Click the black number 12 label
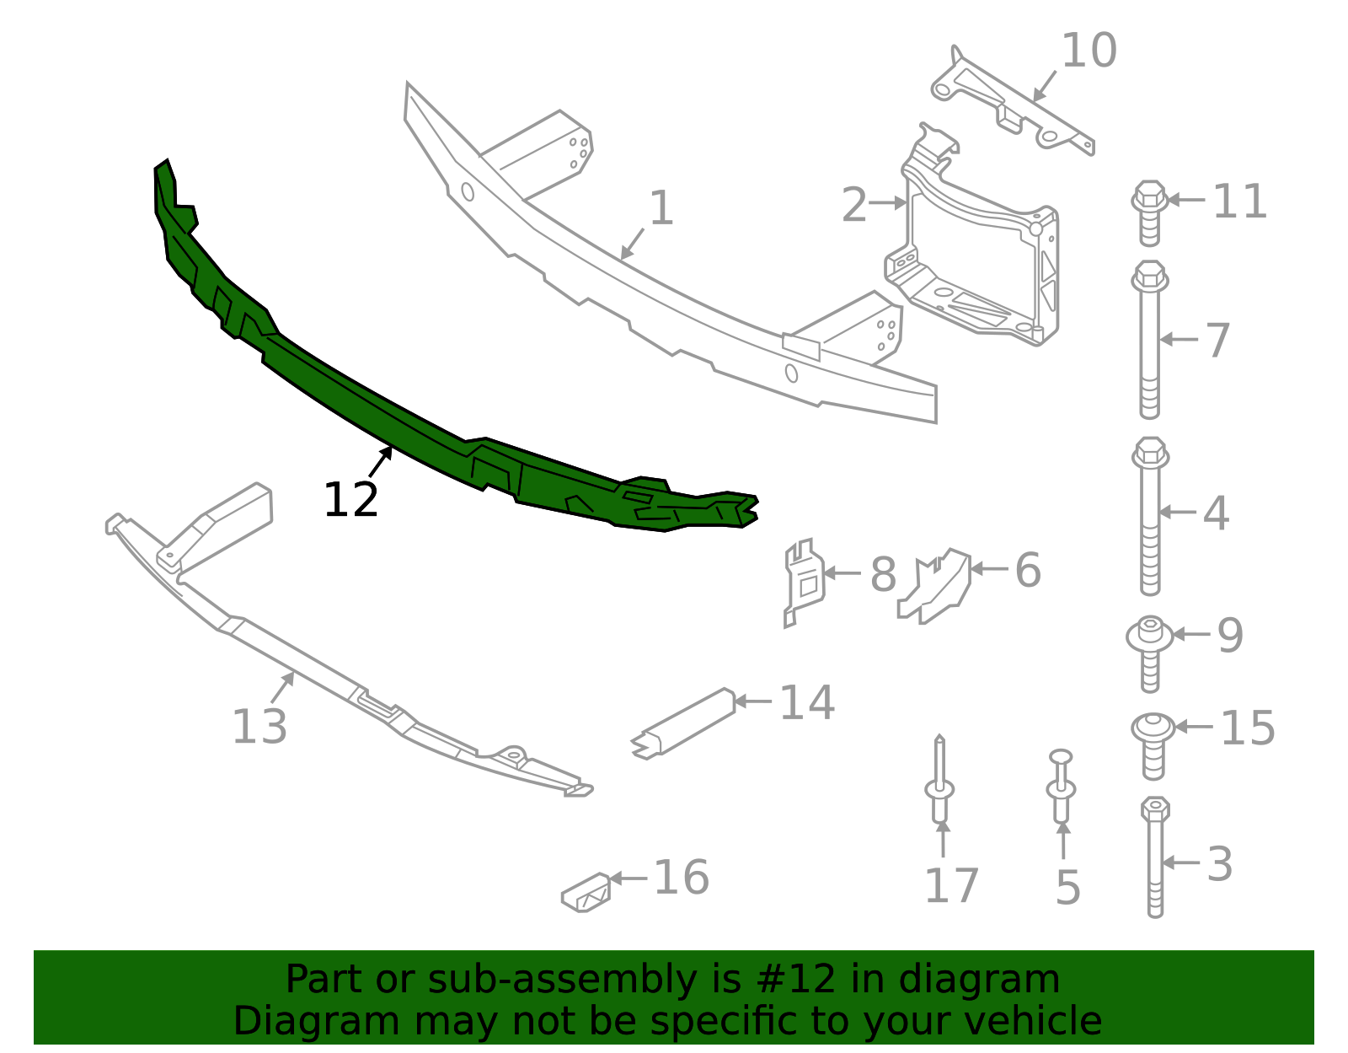[x=350, y=500]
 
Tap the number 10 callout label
[x=1089, y=51]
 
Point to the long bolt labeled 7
[x=1150, y=346]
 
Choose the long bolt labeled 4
[x=1150, y=523]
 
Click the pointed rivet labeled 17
[x=939, y=784]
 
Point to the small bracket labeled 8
[x=803, y=582]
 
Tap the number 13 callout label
[x=259, y=727]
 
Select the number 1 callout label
[x=661, y=208]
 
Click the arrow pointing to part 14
[x=752, y=701]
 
